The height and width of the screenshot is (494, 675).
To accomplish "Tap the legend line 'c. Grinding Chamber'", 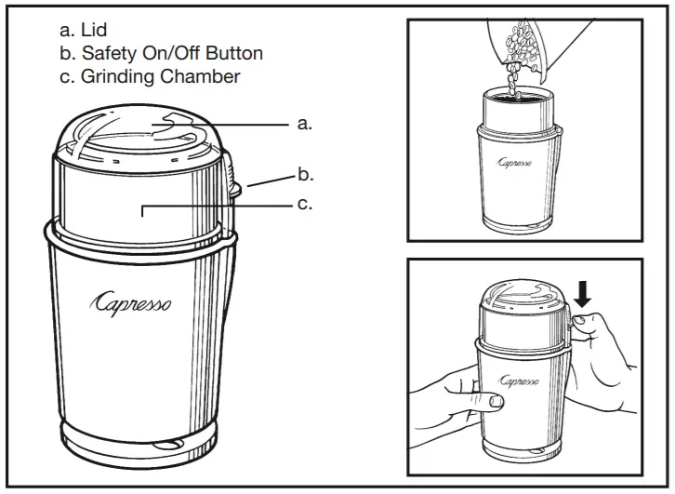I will (x=149, y=76).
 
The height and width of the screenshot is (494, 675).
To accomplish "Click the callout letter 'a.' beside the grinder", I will (x=304, y=123).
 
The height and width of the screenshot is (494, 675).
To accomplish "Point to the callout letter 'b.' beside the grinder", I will (x=304, y=173).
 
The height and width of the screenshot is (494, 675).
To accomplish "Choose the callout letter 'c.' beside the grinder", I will (x=304, y=204).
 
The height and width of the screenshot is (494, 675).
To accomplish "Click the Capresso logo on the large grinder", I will (x=130, y=304).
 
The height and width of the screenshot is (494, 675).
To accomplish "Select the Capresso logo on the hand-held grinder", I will (x=519, y=381).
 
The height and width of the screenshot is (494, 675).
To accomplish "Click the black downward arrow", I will (x=583, y=294).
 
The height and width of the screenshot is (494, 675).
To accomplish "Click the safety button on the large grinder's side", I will (x=232, y=181).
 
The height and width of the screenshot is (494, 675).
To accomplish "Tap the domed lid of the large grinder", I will (x=139, y=135).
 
